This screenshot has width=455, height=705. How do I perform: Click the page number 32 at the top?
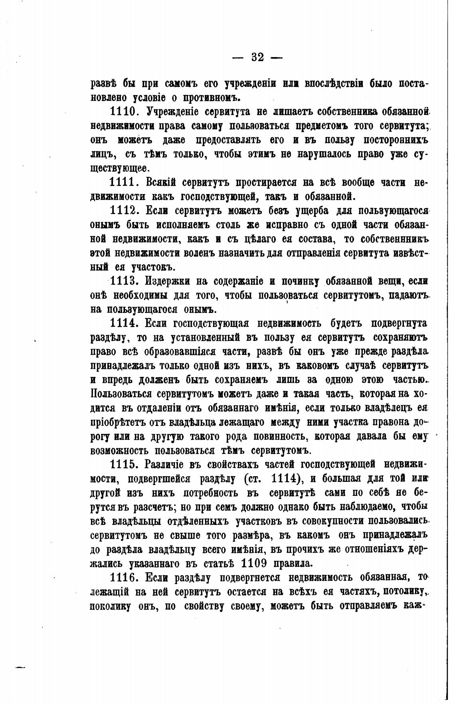click(257, 57)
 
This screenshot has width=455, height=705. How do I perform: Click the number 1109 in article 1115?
click(256, 563)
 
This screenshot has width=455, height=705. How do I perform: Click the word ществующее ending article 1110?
click(119, 168)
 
